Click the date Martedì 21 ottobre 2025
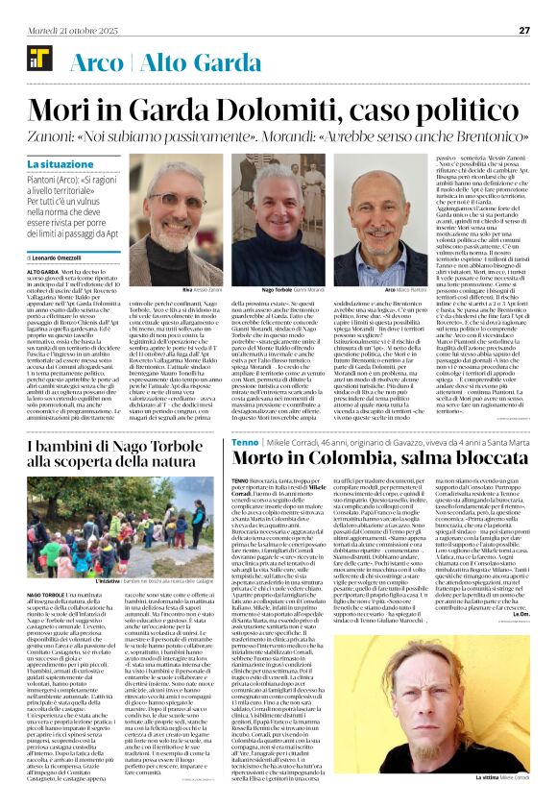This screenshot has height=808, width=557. click(x=59, y=30)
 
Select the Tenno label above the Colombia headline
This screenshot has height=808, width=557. click(x=244, y=440)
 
